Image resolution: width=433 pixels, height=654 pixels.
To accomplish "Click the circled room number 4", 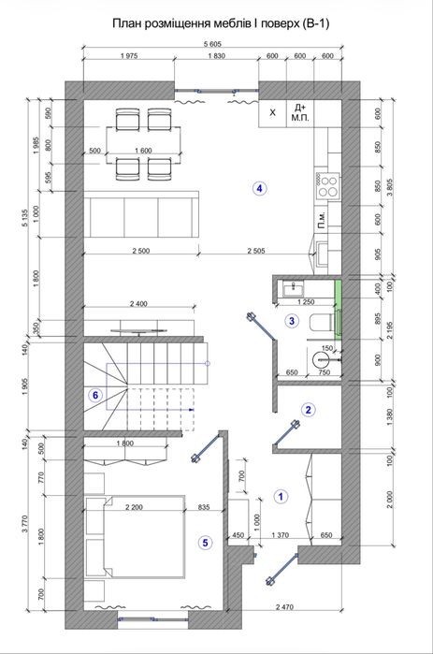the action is point(259,188).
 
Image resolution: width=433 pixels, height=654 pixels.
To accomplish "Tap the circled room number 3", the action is point(292,321).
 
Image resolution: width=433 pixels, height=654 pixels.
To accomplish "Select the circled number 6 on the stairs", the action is point(95,395).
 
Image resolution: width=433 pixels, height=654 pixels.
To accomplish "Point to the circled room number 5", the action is point(205,543).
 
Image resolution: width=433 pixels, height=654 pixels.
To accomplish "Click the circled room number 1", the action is point(281,496).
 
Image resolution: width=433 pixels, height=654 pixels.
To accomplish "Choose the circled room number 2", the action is point(309,410).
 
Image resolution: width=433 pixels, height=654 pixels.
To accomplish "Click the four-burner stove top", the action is point(327,186).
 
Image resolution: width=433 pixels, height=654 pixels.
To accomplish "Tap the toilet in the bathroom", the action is point(323,322).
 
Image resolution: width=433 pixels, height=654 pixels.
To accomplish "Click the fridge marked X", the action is point(272,112).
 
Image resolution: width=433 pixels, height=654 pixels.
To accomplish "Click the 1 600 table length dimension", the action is point(143,151).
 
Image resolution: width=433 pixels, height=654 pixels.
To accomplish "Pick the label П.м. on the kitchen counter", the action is point(322,218).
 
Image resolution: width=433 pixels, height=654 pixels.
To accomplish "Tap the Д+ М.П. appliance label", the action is point(299,112).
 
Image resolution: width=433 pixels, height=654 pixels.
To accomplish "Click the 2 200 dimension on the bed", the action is point(134,508).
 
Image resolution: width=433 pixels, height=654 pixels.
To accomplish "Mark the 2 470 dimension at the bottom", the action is point(284,607).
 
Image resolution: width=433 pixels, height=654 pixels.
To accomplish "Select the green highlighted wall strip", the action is point(339,308).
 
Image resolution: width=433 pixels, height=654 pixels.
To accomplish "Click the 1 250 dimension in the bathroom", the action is point(306,302).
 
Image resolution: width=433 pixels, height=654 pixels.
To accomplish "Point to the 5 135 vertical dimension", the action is point(26,218).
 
